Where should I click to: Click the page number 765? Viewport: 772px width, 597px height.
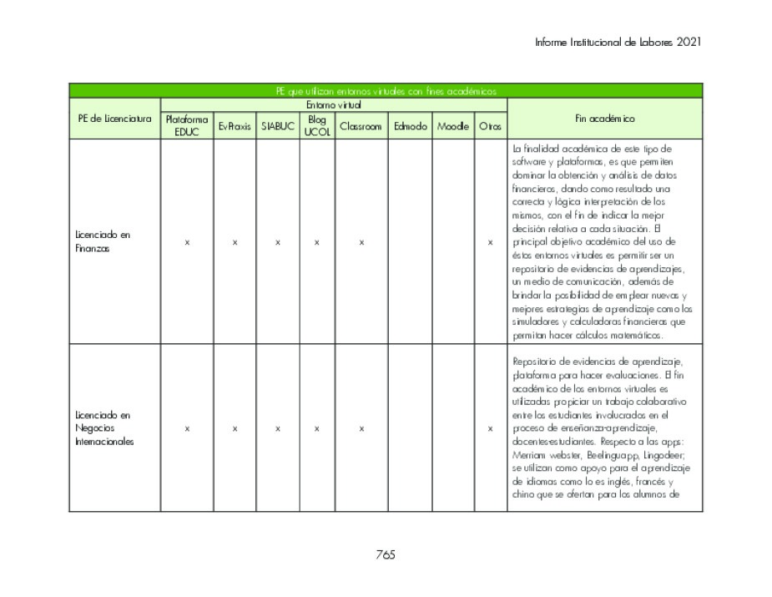[x=385, y=554]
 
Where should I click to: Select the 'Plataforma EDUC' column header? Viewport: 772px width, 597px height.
[x=187, y=125]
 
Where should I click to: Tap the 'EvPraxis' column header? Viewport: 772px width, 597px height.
[x=235, y=126]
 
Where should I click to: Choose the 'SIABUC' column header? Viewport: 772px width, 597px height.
[x=277, y=126]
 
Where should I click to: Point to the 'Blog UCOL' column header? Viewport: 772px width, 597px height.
[x=316, y=125]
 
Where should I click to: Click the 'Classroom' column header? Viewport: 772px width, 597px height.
[x=361, y=126]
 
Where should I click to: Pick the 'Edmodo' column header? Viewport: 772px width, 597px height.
[x=410, y=126]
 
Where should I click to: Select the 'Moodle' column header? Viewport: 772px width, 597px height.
[x=453, y=126]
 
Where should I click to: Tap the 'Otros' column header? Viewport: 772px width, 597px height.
[x=490, y=126]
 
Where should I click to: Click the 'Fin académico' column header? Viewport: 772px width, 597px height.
[x=604, y=119]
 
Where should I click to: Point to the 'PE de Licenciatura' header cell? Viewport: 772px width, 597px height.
[x=114, y=119]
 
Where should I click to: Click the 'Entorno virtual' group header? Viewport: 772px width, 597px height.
[x=333, y=105]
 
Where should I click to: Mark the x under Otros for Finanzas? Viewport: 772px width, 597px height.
[x=490, y=242]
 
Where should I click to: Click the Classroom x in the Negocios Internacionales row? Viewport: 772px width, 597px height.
[x=361, y=428]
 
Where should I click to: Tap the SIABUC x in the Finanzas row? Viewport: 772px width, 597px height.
[x=277, y=242]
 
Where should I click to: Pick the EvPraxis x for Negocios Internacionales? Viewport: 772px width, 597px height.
[x=235, y=428]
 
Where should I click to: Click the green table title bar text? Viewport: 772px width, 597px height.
[x=386, y=91]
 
